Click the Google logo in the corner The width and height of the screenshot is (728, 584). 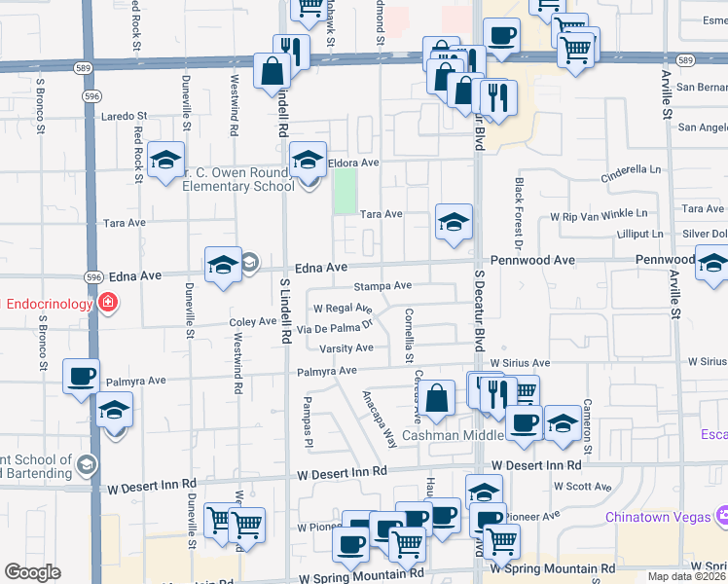(x=33, y=572)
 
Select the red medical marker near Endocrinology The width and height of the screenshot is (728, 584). (x=106, y=304)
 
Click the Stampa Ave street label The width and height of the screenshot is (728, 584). (x=382, y=286)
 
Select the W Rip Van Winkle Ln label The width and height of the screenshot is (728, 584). (x=599, y=214)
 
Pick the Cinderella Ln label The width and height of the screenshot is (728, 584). (x=630, y=169)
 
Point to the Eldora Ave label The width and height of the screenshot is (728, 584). (x=352, y=163)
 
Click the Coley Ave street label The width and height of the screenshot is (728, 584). (x=253, y=321)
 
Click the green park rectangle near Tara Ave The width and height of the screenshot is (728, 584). (x=345, y=191)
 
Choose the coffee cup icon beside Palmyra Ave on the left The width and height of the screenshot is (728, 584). (x=81, y=376)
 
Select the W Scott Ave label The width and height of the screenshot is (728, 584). (x=581, y=486)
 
